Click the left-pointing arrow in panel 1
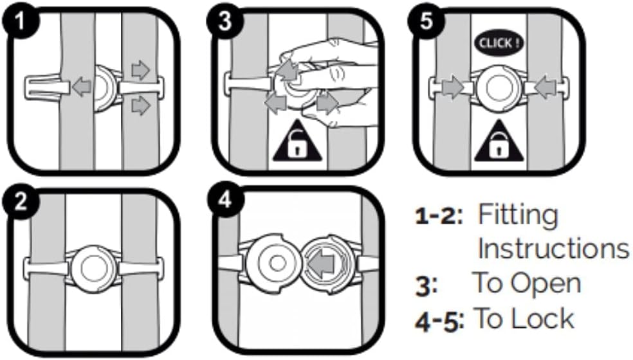[80, 87]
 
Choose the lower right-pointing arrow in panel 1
[140, 106]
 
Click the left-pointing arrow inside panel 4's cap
[322, 262]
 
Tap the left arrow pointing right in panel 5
[452, 87]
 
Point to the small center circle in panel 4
[277, 263]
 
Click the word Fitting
[518, 216]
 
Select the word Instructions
[552, 248]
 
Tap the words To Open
[526, 283]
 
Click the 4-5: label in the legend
[439, 319]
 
